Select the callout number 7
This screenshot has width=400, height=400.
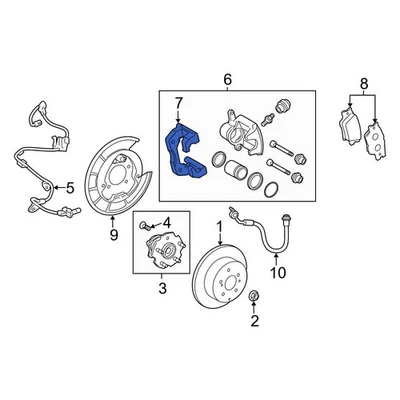click(178, 103)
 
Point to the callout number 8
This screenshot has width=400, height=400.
click(363, 84)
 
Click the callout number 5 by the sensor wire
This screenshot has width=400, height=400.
click(69, 187)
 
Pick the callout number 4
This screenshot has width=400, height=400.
click(166, 222)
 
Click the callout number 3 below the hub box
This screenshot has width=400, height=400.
click(158, 289)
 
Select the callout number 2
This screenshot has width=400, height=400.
click(253, 321)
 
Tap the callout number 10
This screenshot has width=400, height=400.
click(279, 271)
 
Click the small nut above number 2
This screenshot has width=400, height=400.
click(254, 295)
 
